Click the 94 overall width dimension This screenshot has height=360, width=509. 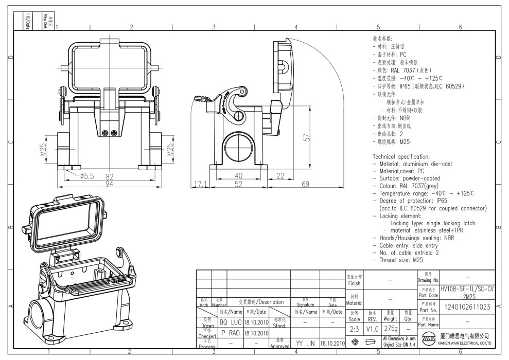pyautogui.click(x=109, y=184)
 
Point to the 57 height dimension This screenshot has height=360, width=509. pyautogui.click(x=307, y=138)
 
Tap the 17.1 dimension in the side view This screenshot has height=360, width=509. pyautogui.click(x=199, y=184)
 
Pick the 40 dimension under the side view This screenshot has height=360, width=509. pyautogui.click(x=238, y=176)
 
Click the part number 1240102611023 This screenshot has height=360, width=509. pyautogui.click(x=467, y=308)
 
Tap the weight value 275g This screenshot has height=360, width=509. pyautogui.click(x=390, y=328)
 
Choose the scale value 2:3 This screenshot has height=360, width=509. pyautogui.click(x=355, y=328)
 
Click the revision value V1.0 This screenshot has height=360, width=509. pyautogui.click(x=372, y=328)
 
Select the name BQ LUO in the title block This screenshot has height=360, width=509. pyautogui.click(x=230, y=321)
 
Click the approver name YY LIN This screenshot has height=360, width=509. pyautogui.click(x=306, y=343)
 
